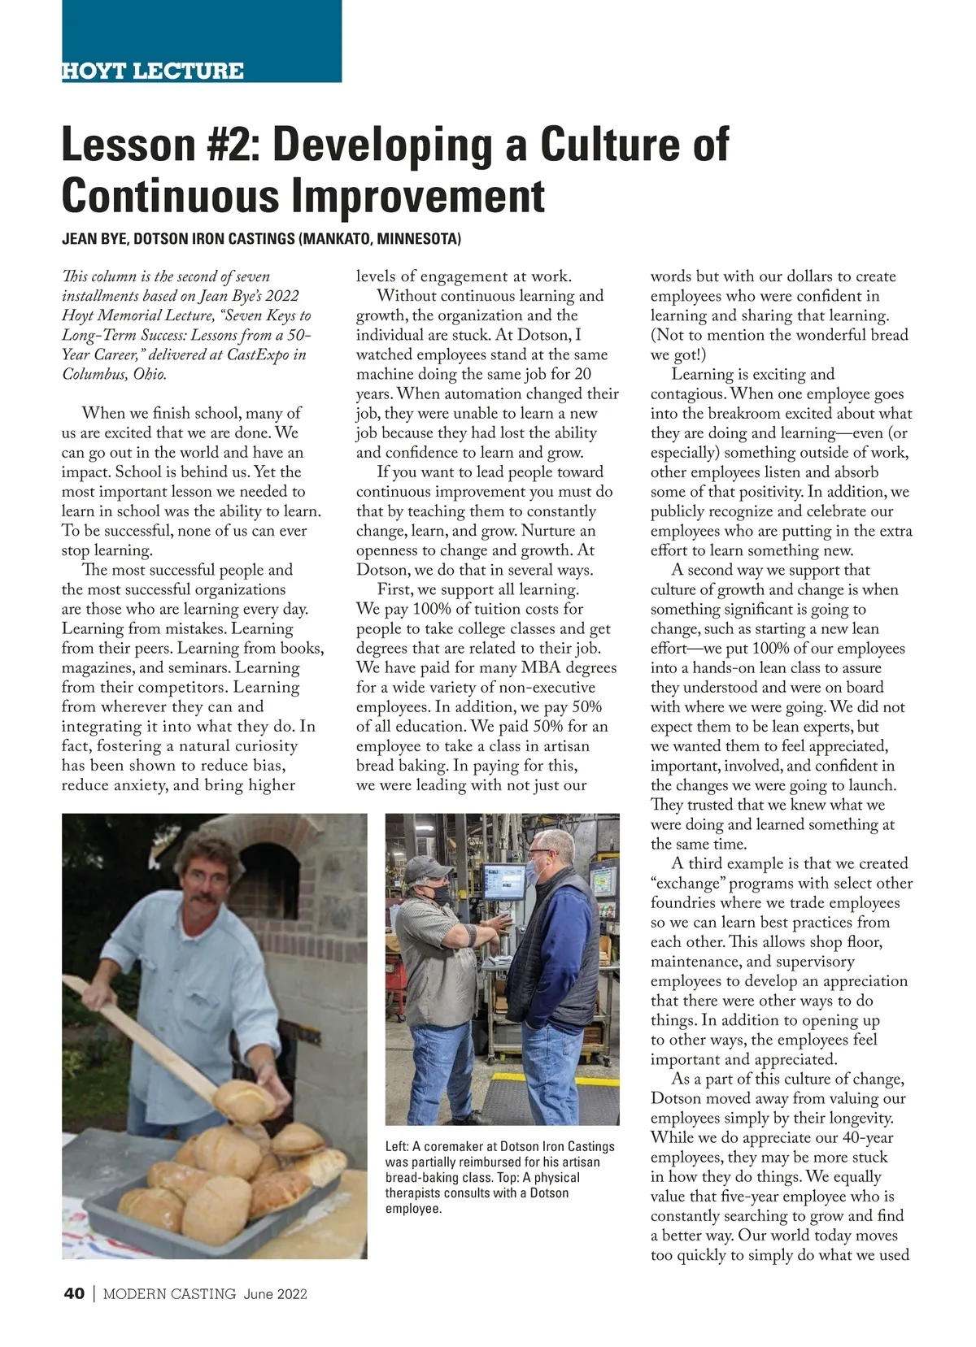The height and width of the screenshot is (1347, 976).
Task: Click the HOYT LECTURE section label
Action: pyautogui.click(x=153, y=71)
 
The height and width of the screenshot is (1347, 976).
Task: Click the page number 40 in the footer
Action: pyautogui.click(x=73, y=1294)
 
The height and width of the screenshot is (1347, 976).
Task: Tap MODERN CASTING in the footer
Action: pyautogui.click(x=169, y=1294)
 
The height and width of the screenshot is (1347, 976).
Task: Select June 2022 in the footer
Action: pyautogui.click(x=275, y=1294)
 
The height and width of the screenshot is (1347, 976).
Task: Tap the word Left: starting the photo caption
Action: pyautogui.click(x=397, y=1146)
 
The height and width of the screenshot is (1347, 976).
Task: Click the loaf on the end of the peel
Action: pyautogui.click(x=244, y=1100)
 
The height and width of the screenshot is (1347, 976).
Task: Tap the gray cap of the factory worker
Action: pyautogui.click(x=426, y=868)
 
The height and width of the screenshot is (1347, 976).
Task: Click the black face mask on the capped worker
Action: pyautogui.click(x=440, y=895)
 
